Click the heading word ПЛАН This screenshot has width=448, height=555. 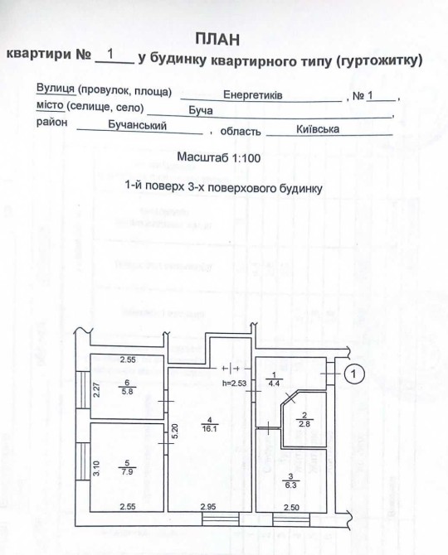[217, 40]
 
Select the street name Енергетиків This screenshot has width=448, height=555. [253, 95]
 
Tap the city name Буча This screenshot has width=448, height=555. [201, 110]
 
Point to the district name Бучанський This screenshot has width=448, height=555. [137, 126]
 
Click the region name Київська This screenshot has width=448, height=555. [318, 129]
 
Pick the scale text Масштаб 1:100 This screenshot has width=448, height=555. [219, 157]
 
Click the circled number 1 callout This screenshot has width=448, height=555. [353, 374]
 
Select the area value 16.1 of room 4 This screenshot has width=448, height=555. [210, 428]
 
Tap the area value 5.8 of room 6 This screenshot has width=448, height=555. [127, 392]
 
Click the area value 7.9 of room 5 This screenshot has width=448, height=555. [127, 471]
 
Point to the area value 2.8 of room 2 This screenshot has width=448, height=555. [304, 423]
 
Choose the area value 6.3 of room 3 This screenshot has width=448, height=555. [290, 485]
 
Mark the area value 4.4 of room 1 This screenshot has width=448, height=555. [275, 384]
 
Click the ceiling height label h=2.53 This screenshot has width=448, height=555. [234, 383]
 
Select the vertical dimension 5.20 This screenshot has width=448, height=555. [174, 431]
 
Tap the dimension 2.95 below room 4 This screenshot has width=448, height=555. [208, 506]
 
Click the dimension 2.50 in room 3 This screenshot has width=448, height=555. [291, 507]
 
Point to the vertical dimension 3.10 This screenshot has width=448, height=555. [96, 468]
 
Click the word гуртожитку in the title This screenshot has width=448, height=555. [378, 60]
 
